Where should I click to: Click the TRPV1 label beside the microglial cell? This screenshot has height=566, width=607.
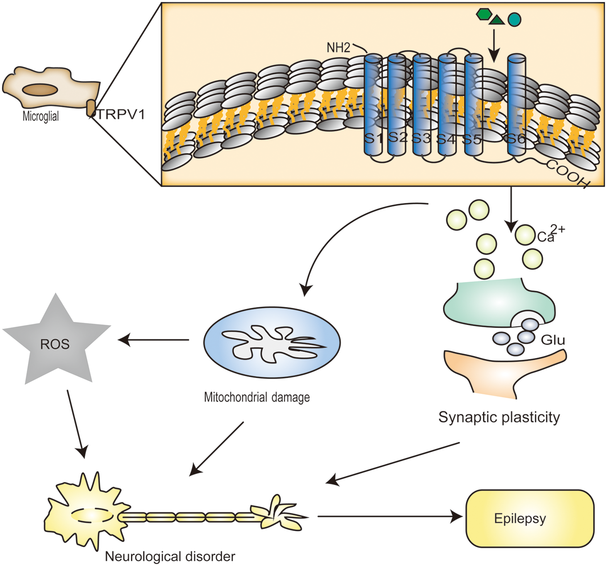121,115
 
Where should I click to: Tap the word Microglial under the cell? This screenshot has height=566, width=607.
41,116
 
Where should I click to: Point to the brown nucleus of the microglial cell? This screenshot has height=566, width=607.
40,90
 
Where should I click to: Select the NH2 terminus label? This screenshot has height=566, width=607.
338,48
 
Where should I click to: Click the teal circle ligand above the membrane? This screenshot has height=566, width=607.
514,19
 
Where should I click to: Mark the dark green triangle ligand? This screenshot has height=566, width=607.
497,20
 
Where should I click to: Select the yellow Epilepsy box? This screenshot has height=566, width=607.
530,518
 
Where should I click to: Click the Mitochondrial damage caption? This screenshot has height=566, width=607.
257,397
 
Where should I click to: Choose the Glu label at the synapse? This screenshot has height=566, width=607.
553,339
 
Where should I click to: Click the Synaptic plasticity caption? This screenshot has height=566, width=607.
499,417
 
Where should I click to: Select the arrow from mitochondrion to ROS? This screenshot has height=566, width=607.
154,340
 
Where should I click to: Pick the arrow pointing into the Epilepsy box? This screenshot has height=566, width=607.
388,516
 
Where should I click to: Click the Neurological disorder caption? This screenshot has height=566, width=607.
170,556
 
